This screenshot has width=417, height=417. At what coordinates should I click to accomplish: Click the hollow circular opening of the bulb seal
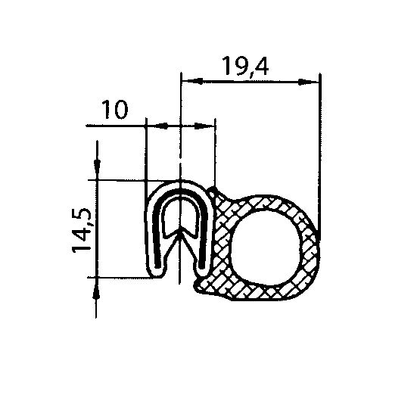point(269,241)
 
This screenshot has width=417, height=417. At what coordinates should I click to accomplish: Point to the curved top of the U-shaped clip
point(179,184)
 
